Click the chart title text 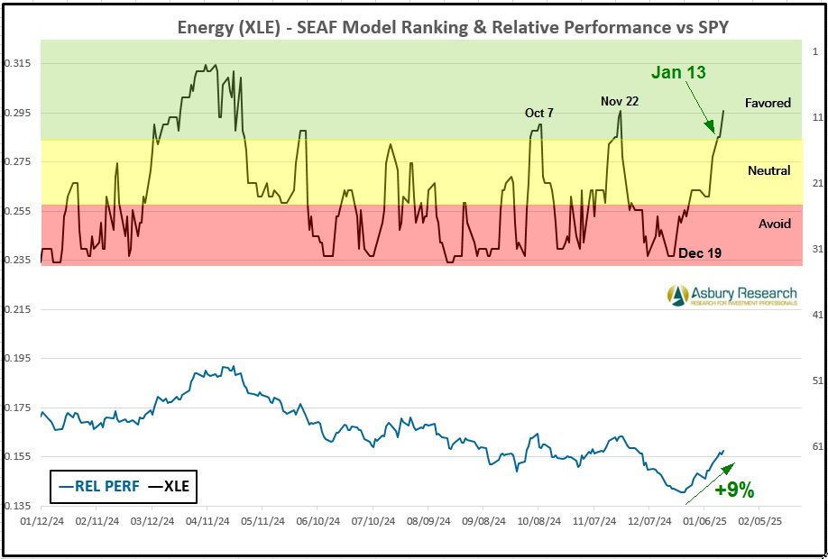452,27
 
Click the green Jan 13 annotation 677,73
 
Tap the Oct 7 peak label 539,113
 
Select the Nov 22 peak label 620,101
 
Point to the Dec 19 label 700,253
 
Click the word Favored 768,103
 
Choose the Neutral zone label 768,170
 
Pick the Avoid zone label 774,224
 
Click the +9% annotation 733,490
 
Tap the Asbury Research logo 731,295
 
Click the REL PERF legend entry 98,486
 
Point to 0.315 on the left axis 17,63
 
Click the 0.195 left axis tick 17,358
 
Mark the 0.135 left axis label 17,506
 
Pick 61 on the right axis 815,446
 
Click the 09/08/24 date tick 483,521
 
